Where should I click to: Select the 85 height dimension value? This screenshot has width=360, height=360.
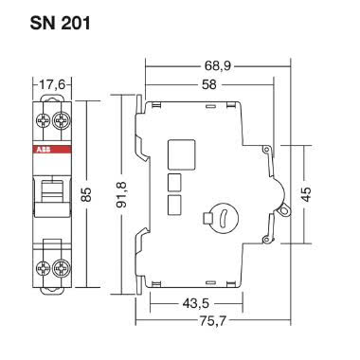click(87, 194)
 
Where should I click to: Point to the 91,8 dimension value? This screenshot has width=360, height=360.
click(120, 196)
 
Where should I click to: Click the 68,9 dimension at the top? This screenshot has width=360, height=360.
click(209, 66)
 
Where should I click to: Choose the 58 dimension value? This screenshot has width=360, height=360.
click(200, 85)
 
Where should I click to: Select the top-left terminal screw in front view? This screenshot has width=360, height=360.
click(43, 120)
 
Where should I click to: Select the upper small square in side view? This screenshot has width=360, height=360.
click(174, 182)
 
